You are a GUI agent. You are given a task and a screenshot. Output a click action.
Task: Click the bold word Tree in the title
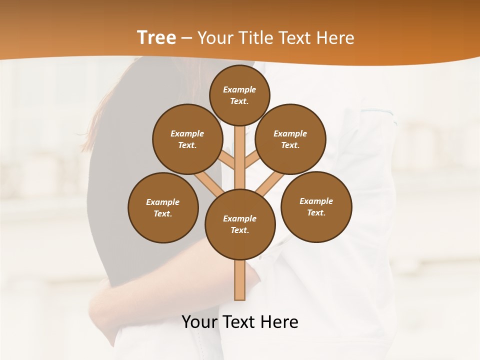pyautogui.click(x=156, y=37)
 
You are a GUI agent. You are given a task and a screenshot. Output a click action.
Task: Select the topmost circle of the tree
pyautogui.click(x=239, y=95)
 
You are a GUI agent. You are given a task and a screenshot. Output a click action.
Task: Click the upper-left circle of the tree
pyautogui.click(x=187, y=139)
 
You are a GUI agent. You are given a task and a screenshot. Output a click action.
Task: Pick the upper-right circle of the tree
pyautogui.click(x=290, y=139)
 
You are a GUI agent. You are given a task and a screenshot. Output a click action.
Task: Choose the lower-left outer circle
pyautogui.click(x=163, y=207)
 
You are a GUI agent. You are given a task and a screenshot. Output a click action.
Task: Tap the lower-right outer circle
pyautogui.click(x=316, y=206)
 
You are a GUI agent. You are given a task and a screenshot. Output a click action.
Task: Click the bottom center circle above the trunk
pyautogui.click(x=240, y=224)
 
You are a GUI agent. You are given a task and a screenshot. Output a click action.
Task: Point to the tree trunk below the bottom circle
pyautogui.click(x=240, y=280)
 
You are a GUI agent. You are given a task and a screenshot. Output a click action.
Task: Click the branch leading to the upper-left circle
pyautogui.click(x=226, y=160)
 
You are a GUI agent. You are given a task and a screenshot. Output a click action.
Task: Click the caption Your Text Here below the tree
pyautogui.click(x=240, y=322)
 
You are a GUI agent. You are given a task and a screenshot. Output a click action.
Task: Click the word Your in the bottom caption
pyautogui.click(x=199, y=322)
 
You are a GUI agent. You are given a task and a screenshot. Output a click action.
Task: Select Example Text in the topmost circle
pyautogui.click(x=239, y=95)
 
